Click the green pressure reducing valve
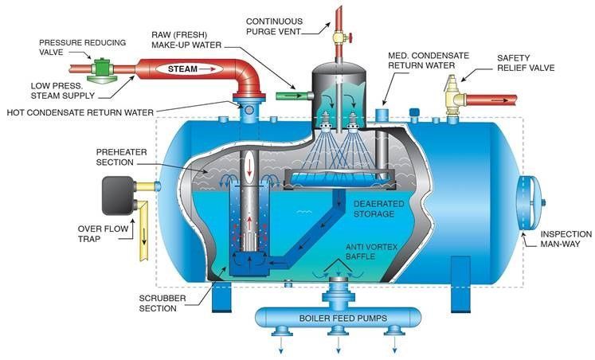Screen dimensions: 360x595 [x=101, y=68]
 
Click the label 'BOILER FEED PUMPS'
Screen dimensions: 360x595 [x=336, y=319]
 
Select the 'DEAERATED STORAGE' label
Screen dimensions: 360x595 [x=350, y=209]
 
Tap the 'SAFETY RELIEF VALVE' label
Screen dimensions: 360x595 [x=526, y=65]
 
